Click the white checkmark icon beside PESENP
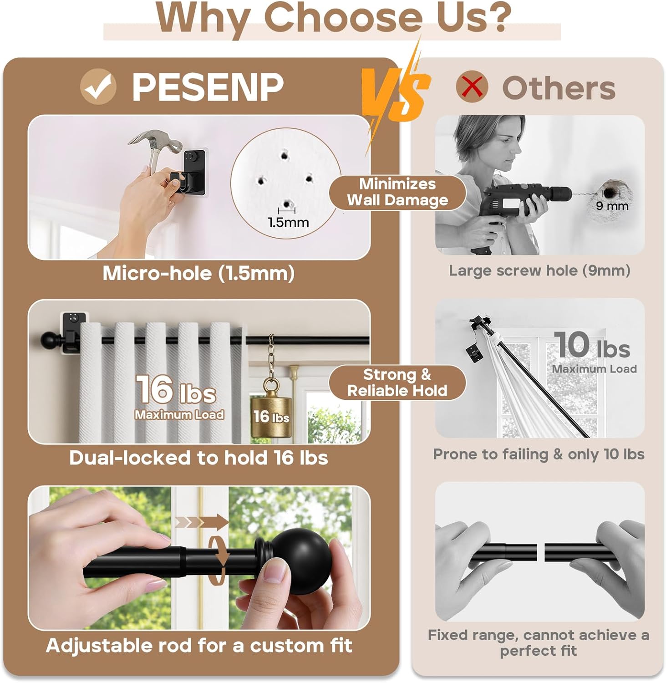(98, 87)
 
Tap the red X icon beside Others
(472, 87)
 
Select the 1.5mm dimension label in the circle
(288, 222)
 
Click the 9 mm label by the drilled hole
(612, 206)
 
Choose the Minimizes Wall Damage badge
(397, 192)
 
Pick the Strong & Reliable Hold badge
(397, 382)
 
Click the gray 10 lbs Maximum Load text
(593, 352)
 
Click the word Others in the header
(559, 88)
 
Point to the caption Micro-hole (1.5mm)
(198, 273)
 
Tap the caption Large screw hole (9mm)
(539, 271)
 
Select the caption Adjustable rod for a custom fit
(199, 646)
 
